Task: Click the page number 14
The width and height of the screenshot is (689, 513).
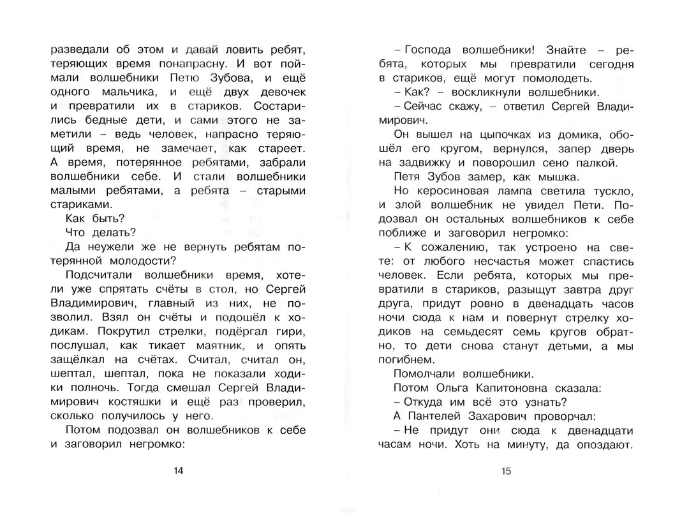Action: (178, 471)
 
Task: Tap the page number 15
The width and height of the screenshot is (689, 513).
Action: (507, 471)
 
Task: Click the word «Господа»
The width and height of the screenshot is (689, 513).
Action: (432, 50)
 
